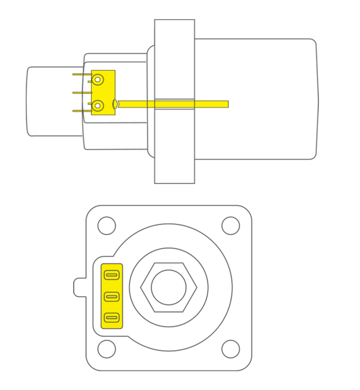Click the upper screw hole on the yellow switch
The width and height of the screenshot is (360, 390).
[98, 80]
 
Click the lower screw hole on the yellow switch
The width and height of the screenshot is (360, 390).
[98, 105]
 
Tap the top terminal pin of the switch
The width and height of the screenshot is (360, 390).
[82, 74]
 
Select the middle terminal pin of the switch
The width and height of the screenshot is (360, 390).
[82, 92]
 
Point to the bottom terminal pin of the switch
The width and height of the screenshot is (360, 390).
[82, 111]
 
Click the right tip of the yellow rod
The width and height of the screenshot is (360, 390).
[226, 104]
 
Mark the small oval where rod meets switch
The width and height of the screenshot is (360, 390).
[116, 104]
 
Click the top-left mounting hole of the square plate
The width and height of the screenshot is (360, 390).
[106, 225]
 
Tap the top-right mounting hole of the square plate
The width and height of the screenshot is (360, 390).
[231, 225]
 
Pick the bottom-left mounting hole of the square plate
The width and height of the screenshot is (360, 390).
[106, 349]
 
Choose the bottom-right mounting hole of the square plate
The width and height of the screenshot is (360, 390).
[231, 349]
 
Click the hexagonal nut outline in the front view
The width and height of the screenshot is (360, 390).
[145, 287]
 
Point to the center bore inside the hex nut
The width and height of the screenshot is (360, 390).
[168, 287]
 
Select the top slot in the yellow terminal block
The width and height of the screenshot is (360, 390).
[112, 275]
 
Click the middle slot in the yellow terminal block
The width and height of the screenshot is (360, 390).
[112, 297]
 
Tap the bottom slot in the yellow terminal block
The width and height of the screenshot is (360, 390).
[112, 318]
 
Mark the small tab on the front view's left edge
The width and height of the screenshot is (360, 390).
[79, 287]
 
